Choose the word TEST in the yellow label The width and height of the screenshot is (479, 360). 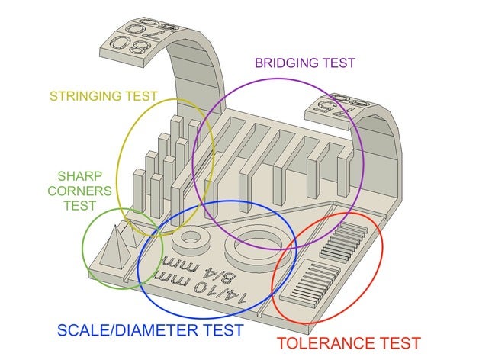(x=141, y=96)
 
